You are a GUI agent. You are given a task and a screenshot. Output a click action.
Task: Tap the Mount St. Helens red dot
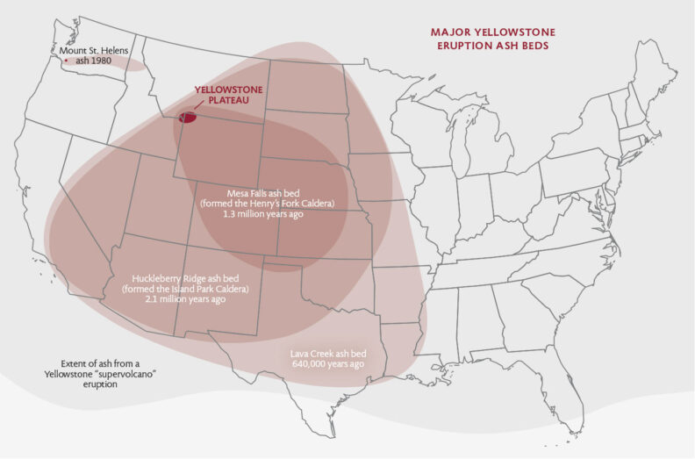65,61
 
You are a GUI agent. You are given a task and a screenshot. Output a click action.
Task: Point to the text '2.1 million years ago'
185,299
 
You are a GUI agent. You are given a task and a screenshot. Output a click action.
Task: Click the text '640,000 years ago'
327,363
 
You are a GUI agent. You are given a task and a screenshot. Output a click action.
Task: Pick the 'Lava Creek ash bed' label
327,353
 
